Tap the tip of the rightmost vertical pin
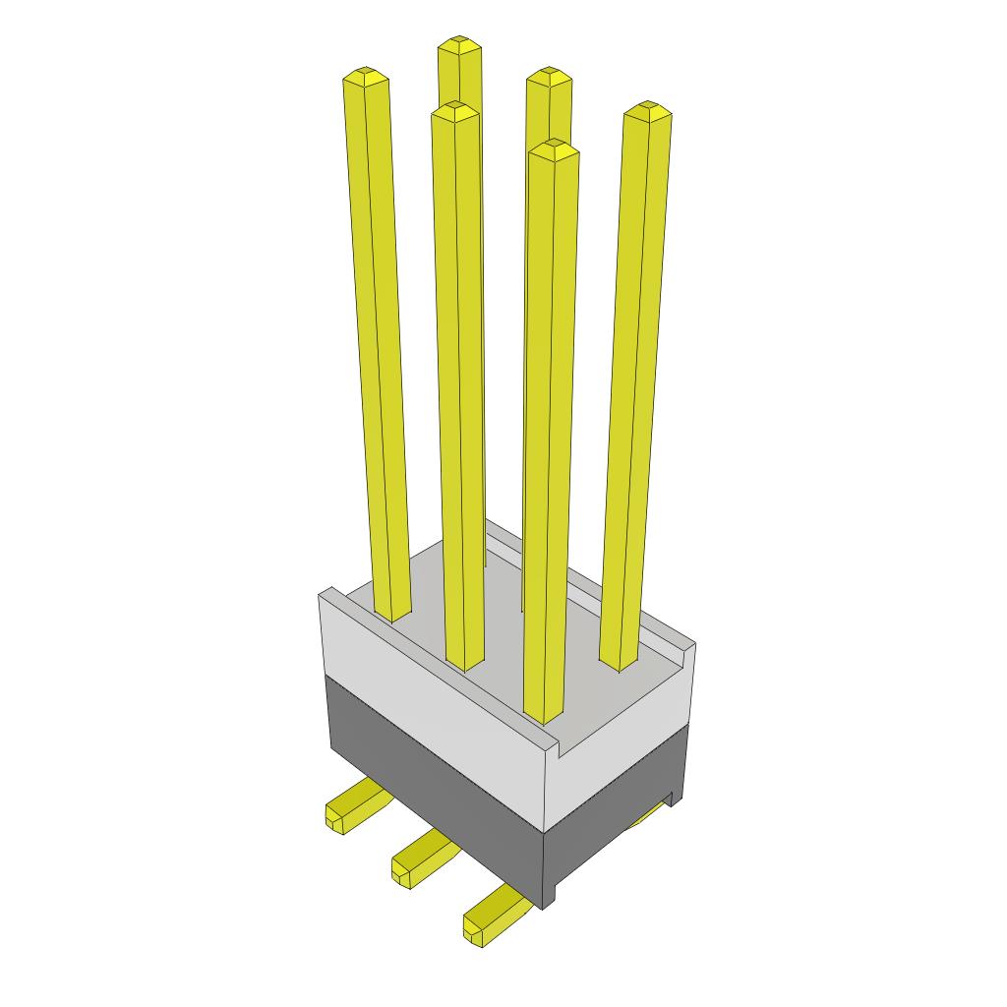coord(648,109)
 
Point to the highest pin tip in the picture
coord(459,45)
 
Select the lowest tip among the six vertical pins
coord(553,148)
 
